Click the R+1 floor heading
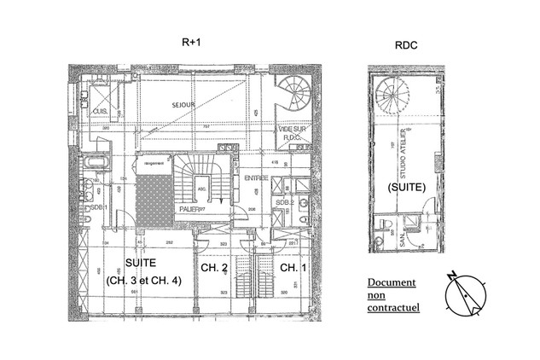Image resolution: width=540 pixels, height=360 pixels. click(191, 40)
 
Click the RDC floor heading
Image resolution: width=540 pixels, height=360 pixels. click(405, 49)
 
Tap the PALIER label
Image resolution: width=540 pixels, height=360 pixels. click(189, 207)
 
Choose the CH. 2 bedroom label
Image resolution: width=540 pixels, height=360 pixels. click(213, 268)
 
